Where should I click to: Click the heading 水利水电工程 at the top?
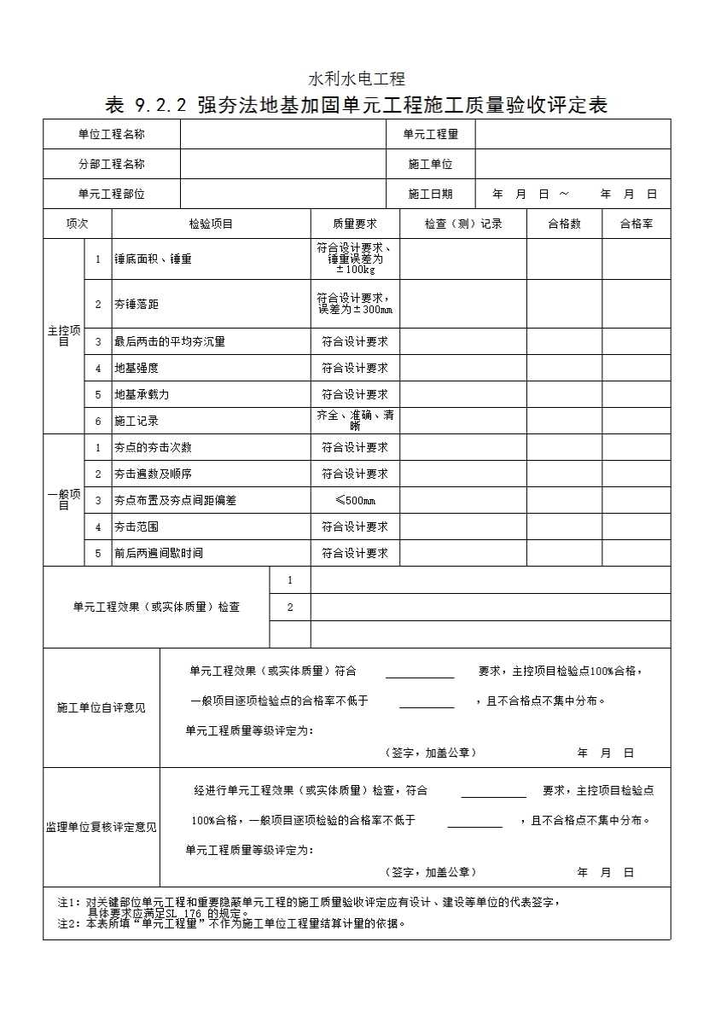(x=357, y=79)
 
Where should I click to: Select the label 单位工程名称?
(x=111, y=134)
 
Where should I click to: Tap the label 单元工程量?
(x=430, y=134)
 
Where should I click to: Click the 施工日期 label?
(x=430, y=194)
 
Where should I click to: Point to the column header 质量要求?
(x=354, y=224)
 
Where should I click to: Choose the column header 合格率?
(x=636, y=224)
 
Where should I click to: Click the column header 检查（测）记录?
(x=462, y=224)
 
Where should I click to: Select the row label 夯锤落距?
(x=137, y=304)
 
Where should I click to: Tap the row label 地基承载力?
(x=142, y=394)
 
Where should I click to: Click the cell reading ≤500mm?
(x=354, y=500)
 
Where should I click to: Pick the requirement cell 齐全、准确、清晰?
(x=354, y=420)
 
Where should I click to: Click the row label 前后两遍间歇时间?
(x=159, y=553)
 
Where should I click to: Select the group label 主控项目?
(x=63, y=335)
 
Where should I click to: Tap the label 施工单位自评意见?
(x=101, y=707)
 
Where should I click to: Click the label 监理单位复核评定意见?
(x=101, y=827)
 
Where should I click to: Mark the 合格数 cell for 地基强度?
(x=564, y=368)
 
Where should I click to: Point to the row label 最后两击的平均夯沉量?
(x=170, y=341)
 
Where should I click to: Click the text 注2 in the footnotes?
(x=67, y=922)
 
